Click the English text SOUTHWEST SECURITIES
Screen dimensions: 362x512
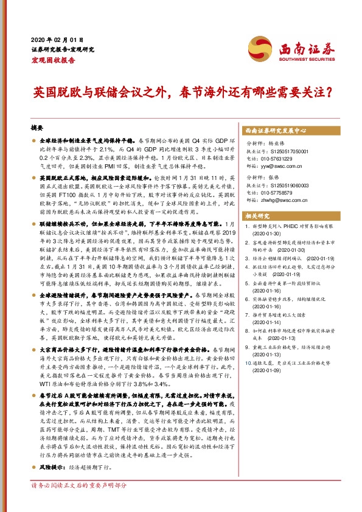click(x=304, y=60)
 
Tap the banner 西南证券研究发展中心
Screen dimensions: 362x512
click(x=274, y=130)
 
